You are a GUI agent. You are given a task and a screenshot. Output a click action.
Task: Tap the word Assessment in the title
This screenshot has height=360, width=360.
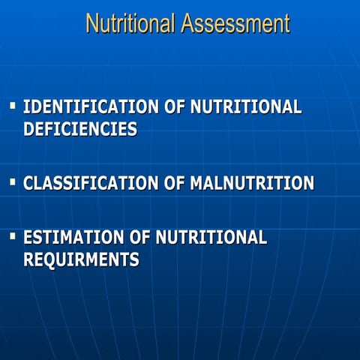tap(235, 23)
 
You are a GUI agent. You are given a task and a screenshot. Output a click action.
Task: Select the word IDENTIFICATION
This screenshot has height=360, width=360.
tap(92, 106)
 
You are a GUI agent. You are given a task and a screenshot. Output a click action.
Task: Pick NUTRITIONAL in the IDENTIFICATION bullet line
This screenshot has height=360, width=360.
tap(246, 106)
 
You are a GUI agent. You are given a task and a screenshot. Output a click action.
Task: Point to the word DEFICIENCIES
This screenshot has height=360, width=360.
tap(80, 129)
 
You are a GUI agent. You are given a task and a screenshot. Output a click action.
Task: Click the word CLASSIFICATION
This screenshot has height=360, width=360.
tap(91, 183)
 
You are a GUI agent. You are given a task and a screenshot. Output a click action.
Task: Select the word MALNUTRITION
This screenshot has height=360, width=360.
tap(251, 183)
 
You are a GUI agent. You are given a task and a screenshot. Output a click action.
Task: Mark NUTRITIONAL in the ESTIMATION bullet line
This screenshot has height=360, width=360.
tap(211, 238)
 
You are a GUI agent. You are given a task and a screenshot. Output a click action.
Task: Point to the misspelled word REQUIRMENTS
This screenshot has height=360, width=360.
tap(81, 260)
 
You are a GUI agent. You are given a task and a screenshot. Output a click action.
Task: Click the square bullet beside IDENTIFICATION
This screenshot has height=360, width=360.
tap(13, 105)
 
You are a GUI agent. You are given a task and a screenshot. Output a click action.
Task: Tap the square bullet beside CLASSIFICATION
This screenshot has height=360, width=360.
tap(13, 181)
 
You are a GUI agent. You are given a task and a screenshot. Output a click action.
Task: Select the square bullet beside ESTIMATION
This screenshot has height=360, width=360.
tap(13, 236)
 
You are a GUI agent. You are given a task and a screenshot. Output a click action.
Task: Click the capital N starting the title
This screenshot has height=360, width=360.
tap(92, 23)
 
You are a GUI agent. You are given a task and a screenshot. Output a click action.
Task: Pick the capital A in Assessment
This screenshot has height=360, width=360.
tap(187, 23)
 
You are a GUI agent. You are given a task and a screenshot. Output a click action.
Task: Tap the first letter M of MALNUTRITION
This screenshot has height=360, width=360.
tap(197, 183)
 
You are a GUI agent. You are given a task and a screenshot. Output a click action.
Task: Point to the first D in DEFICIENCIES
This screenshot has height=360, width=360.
tap(30, 129)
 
